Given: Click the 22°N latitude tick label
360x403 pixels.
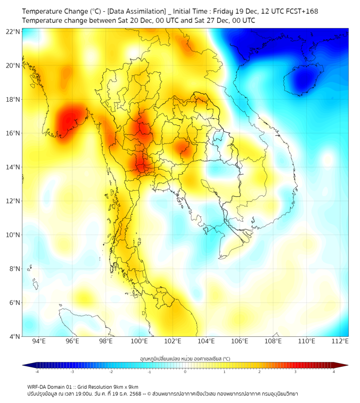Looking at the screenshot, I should (x=13, y=31).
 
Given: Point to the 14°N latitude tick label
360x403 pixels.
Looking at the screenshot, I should (x=13, y=167).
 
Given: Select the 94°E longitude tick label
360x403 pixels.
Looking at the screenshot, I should (x=39, y=341).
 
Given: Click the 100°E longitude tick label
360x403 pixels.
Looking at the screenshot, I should (x=140, y=341).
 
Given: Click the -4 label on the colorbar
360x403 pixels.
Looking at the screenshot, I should (x=37, y=371).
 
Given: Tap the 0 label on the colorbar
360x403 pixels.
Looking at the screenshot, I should (x=185, y=371).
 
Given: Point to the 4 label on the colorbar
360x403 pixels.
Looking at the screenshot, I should (x=334, y=371).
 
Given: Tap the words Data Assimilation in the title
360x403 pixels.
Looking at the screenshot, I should (x=137, y=11).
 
